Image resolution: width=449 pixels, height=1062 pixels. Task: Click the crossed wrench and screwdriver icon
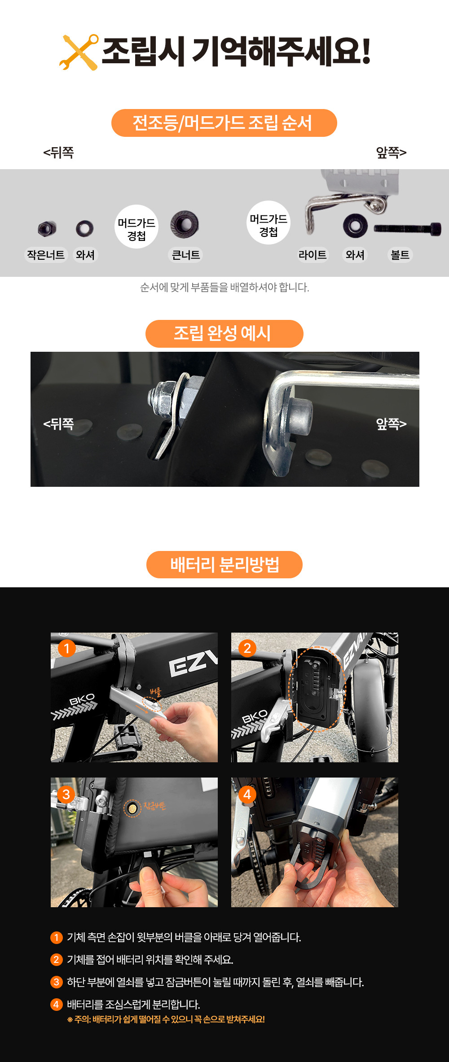(x=79, y=52)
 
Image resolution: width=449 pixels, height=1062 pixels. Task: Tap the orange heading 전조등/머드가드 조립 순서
(x=224, y=123)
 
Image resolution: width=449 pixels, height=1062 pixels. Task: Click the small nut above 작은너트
(x=47, y=229)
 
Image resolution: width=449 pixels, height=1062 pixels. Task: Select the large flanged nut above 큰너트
(x=185, y=224)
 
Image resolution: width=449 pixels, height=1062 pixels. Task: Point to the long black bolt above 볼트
(x=407, y=228)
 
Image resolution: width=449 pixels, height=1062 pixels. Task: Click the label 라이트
(x=313, y=255)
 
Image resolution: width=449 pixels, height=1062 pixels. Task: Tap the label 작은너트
(x=46, y=255)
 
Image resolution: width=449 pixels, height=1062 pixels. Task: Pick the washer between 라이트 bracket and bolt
(x=355, y=225)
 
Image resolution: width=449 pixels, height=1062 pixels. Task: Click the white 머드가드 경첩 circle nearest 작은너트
(x=136, y=227)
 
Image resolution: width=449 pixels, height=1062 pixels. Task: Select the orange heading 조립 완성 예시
(x=224, y=333)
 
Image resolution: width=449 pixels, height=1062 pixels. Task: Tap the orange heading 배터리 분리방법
(x=224, y=564)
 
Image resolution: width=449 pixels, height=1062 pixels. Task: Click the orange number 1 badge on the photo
(x=67, y=648)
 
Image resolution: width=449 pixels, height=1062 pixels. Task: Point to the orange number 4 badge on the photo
(x=247, y=795)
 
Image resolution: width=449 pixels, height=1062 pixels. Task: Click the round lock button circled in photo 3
(x=132, y=808)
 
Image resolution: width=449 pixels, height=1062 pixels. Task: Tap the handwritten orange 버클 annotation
(x=155, y=691)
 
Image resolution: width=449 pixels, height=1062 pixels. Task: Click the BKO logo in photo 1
(x=82, y=699)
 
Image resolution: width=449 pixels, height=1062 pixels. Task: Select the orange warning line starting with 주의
(x=166, y=1019)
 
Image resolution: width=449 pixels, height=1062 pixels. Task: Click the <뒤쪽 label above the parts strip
(x=58, y=153)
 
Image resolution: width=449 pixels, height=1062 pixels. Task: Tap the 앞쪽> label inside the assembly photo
(x=391, y=424)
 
